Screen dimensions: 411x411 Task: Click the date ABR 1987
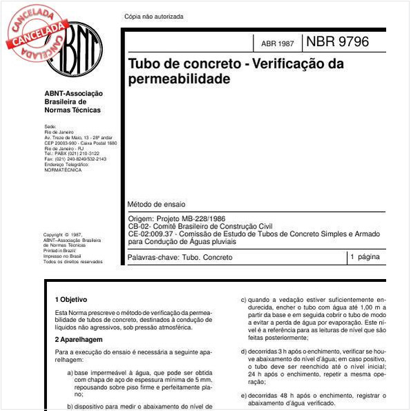[277, 44]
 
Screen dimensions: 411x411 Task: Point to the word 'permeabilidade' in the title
[179, 79]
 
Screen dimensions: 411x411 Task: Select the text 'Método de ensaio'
[156, 204]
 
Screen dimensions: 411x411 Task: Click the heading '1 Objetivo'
[71, 300]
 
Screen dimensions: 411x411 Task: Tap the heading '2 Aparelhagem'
[77, 340]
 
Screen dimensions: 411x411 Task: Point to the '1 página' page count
[365, 257]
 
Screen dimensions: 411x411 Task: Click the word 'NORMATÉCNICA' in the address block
[63, 169]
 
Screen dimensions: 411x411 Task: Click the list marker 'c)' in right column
[243, 300]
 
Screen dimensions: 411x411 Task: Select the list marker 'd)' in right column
[243, 351]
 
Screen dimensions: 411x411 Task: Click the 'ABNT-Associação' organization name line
[73, 94]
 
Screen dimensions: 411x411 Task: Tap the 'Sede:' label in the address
[50, 126]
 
